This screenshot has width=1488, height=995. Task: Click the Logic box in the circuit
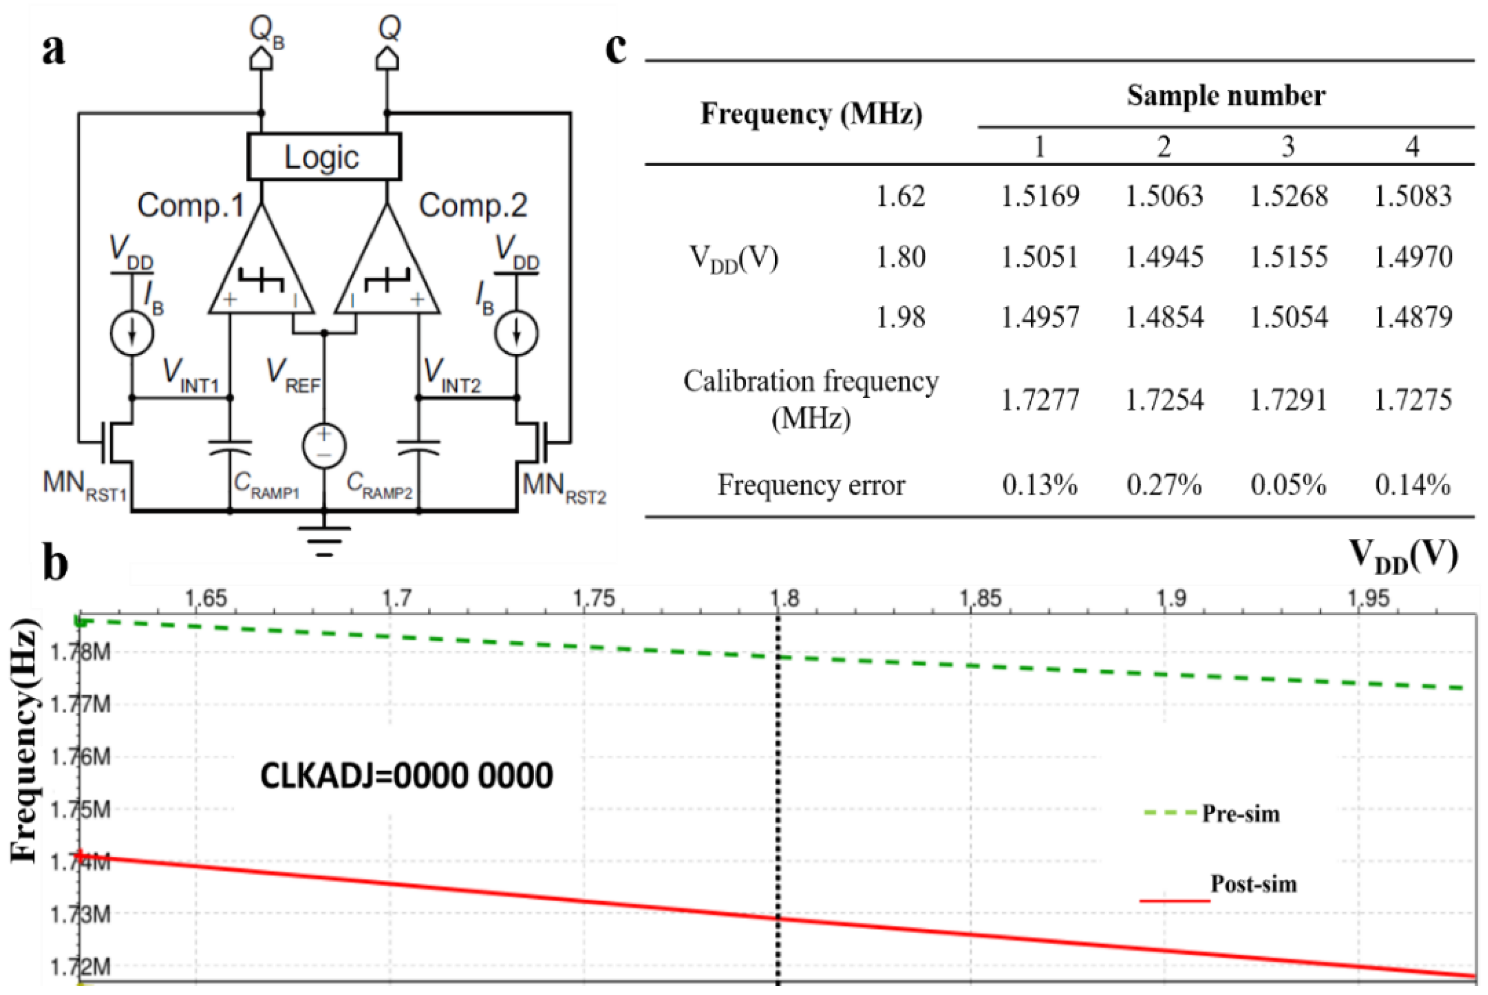click(324, 156)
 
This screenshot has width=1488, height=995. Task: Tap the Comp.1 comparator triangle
click(262, 273)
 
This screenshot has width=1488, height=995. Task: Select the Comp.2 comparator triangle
click(387, 273)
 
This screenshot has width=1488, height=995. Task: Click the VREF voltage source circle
click(324, 446)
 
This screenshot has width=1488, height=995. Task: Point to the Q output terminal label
click(389, 29)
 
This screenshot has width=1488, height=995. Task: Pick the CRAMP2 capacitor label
click(379, 485)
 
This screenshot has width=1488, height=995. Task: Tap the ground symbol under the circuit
click(324, 539)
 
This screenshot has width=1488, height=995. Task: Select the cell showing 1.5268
click(1288, 196)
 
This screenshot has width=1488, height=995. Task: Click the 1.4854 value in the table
click(1164, 317)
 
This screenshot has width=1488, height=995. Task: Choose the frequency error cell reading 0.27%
click(1164, 485)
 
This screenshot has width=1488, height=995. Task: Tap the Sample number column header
click(1225, 96)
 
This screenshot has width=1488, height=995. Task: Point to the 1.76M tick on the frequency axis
click(81, 756)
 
